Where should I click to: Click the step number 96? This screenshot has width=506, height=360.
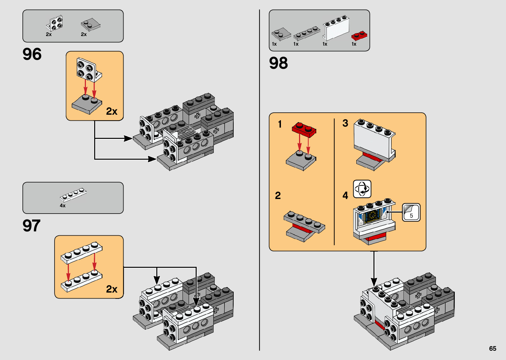pos(32,54)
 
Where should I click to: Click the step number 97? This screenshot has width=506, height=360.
pos(31,226)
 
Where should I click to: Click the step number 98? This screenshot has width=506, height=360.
pos(278,63)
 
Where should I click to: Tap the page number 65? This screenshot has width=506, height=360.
pos(492,348)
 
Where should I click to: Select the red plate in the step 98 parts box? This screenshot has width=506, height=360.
pos(359,35)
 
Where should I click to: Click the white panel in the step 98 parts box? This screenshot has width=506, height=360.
pos(336,29)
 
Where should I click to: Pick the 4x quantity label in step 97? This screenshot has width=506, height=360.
pos(62,206)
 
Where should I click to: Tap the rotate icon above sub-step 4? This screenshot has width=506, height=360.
pos(362,189)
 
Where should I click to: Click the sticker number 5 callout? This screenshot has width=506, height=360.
pos(411,212)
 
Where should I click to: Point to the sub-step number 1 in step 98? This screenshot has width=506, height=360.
pos(280,124)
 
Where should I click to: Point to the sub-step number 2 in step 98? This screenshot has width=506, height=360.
pos(278,196)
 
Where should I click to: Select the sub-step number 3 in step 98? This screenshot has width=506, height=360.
pos(345,123)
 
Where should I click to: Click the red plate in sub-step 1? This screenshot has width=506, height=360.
pos(304,129)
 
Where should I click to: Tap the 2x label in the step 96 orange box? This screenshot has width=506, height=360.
pos(112,112)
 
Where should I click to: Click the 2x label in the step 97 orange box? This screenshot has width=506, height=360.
pos(112,289)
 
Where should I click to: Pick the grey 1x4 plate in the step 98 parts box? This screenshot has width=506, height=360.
pos(307,33)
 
